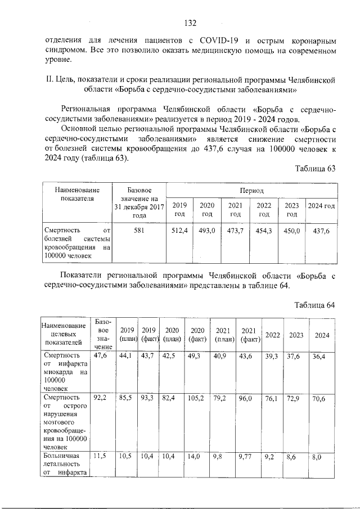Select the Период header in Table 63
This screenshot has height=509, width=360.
click(x=251, y=191)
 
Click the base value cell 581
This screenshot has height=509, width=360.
click(x=139, y=230)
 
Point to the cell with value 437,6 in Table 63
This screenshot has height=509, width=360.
click(x=321, y=230)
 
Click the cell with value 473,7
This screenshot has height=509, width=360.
click(x=236, y=230)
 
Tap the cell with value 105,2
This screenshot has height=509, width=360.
click(x=196, y=398)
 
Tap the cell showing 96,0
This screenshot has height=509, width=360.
click(x=249, y=398)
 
